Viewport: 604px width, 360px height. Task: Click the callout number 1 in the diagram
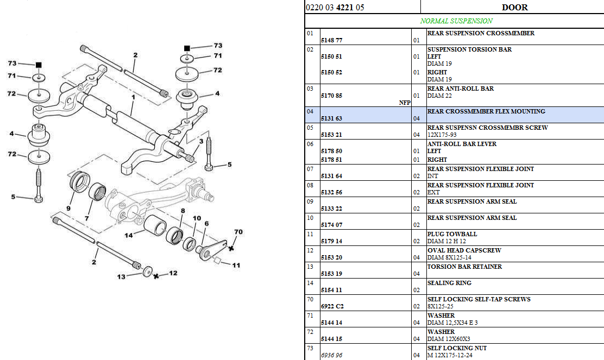click(132, 98)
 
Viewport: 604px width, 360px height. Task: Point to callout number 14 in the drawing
click(128, 235)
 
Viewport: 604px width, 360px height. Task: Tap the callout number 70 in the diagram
click(237, 232)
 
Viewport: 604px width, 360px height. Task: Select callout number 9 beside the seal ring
click(68, 208)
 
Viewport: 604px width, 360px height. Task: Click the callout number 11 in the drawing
click(236, 265)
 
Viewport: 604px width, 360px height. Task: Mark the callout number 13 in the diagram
click(121, 276)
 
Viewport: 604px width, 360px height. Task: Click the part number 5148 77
click(331, 40)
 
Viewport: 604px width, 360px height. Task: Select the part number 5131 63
click(331, 118)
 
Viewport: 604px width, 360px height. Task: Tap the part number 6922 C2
click(331, 306)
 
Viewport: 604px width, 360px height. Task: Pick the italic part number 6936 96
click(331, 355)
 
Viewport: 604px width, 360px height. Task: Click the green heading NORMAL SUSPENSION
click(456, 21)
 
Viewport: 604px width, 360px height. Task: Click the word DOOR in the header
click(514, 7)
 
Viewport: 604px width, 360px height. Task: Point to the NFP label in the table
click(405, 102)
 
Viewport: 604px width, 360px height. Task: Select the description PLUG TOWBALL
click(452, 234)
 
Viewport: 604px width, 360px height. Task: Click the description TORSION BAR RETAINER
click(464, 267)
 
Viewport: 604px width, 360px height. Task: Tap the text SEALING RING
click(449, 283)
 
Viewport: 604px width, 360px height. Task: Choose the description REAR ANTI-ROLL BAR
click(460, 89)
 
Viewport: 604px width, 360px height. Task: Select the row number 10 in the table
click(310, 218)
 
